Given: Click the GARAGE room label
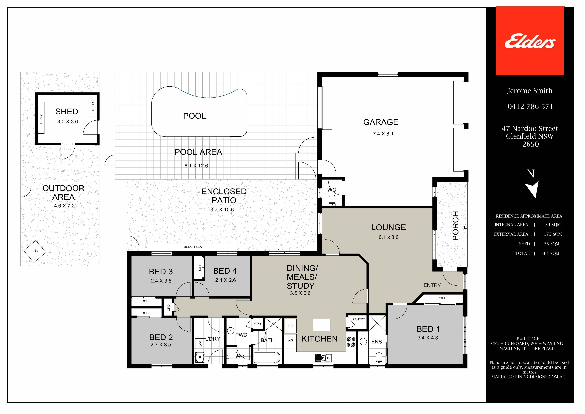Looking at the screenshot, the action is click(x=381, y=122).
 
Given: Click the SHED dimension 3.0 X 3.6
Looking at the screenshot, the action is click(x=67, y=122).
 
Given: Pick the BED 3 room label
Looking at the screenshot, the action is click(x=161, y=272).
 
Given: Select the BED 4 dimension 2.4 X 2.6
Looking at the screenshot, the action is click(x=225, y=280).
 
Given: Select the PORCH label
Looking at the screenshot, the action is click(x=456, y=226).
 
